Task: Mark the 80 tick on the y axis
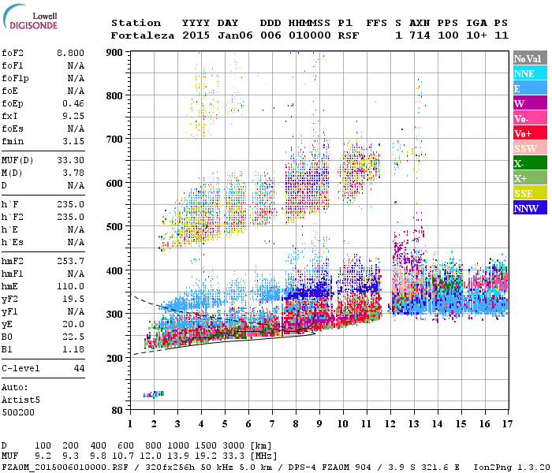click(x=117, y=410)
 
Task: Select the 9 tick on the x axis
click(x=319, y=423)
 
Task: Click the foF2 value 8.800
click(x=69, y=52)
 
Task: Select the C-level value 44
click(x=79, y=368)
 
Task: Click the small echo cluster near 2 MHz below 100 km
click(x=153, y=394)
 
